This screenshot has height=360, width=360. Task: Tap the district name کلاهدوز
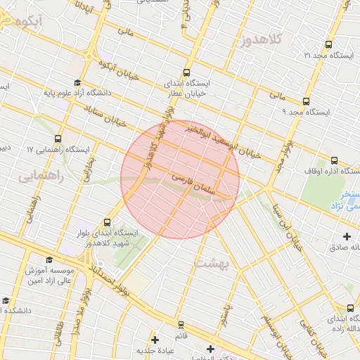[260, 41]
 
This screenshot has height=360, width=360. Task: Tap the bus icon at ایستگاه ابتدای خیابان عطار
[186, 72]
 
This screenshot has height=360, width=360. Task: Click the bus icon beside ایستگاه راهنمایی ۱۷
[57, 139]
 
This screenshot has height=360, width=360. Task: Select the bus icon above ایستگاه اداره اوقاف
[334, 160]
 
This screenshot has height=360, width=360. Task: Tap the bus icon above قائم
[181, 324]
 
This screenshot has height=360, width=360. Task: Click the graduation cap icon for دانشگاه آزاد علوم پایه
[77, 82]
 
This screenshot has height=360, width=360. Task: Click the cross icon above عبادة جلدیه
[155, 340]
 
